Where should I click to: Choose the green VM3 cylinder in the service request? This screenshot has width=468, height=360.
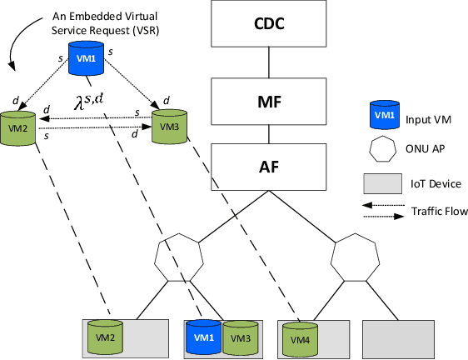pyautogui.click(x=168, y=126)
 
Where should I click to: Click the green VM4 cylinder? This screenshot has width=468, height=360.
pyautogui.click(x=296, y=337)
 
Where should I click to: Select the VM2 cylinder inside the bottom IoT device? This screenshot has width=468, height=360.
pyautogui.click(x=105, y=337)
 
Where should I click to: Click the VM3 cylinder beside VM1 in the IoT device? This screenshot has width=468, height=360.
pyautogui.click(x=239, y=337)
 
